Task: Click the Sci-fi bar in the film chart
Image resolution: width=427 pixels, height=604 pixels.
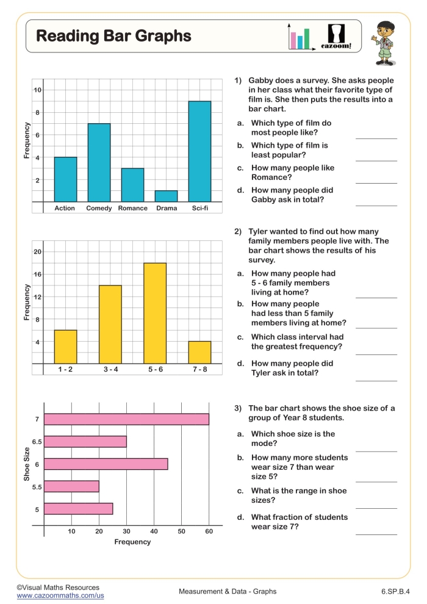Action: (x=199, y=151)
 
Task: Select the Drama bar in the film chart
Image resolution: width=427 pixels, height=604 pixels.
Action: (x=166, y=196)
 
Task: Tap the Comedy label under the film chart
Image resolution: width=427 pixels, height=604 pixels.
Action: (x=99, y=208)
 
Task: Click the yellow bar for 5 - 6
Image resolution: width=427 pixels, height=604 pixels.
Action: (x=155, y=313)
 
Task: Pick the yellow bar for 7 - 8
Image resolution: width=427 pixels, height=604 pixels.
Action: (x=199, y=352)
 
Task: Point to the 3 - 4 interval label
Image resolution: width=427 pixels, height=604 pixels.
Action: (x=110, y=369)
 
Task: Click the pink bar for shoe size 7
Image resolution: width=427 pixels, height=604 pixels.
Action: (x=127, y=419)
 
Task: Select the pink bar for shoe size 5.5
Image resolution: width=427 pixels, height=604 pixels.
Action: (x=72, y=486)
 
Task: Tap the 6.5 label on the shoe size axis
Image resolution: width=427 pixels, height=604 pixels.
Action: (x=37, y=442)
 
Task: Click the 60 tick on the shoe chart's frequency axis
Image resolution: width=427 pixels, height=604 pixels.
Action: (x=209, y=531)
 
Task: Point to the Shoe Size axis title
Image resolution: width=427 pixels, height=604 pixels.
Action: (x=27, y=464)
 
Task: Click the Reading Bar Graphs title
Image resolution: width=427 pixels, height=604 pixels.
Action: (x=113, y=36)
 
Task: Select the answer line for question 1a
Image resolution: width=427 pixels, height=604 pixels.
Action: (x=376, y=138)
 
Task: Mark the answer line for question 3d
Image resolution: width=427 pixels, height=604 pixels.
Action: (x=376, y=534)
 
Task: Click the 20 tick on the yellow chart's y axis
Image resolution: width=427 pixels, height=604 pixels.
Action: (x=37, y=252)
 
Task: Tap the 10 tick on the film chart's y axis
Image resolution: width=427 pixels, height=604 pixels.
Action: (x=37, y=90)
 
